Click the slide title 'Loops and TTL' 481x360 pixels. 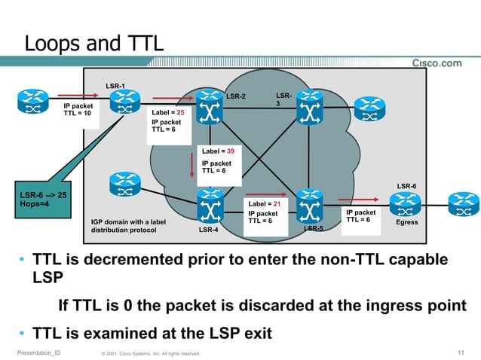[93, 43]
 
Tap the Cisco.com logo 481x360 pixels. [437, 63]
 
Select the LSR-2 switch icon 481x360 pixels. [207, 102]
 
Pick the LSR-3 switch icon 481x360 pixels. [308, 105]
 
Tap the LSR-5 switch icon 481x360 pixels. [308, 203]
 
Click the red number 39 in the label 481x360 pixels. [230, 151]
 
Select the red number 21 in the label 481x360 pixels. [277, 204]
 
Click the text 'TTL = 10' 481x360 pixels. [78, 114]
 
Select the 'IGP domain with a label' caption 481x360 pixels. [127, 222]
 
